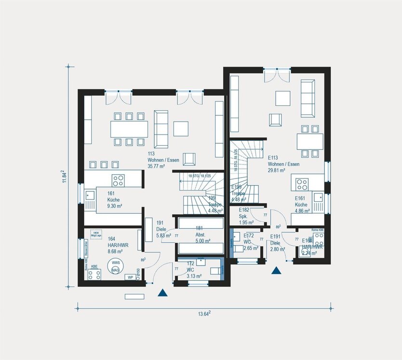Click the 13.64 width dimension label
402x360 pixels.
(203, 314)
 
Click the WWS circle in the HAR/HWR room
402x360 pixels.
(116, 266)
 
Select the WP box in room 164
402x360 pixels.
(130, 277)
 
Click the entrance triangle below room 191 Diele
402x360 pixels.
(163, 292)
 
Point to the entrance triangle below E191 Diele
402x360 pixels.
(276, 271)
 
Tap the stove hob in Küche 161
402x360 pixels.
(118, 180)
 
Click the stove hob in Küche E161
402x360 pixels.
(302, 184)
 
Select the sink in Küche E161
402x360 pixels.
(318, 197)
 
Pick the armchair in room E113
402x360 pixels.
(275, 119)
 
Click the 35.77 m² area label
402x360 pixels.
(157, 166)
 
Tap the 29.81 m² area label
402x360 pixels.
(283, 170)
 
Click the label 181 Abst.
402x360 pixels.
(199, 231)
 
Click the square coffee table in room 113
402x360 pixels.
(181, 128)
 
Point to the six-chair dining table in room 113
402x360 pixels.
(129, 128)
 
